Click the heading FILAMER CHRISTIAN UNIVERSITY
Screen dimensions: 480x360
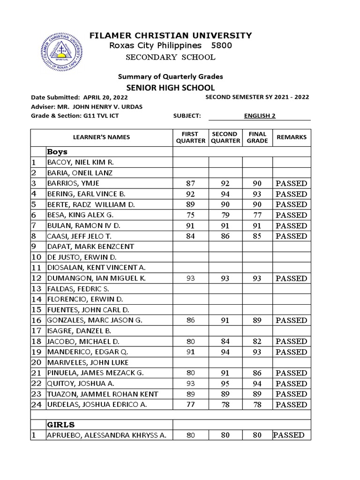click(171, 36)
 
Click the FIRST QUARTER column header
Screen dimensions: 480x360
click(190, 137)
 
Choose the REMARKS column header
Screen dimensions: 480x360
click(292, 137)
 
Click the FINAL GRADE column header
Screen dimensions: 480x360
click(257, 137)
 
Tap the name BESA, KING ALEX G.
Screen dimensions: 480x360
click(76, 215)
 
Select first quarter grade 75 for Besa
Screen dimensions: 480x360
click(190, 215)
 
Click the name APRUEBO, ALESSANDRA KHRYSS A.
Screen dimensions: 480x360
click(106, 435)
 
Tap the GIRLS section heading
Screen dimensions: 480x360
click(60, 425)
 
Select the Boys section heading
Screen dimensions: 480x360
click(57, 152)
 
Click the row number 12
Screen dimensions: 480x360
click(37, 278)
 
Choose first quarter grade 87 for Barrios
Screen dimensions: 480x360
click(190, 183)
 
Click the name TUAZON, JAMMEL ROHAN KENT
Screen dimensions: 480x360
click(102, 394)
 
